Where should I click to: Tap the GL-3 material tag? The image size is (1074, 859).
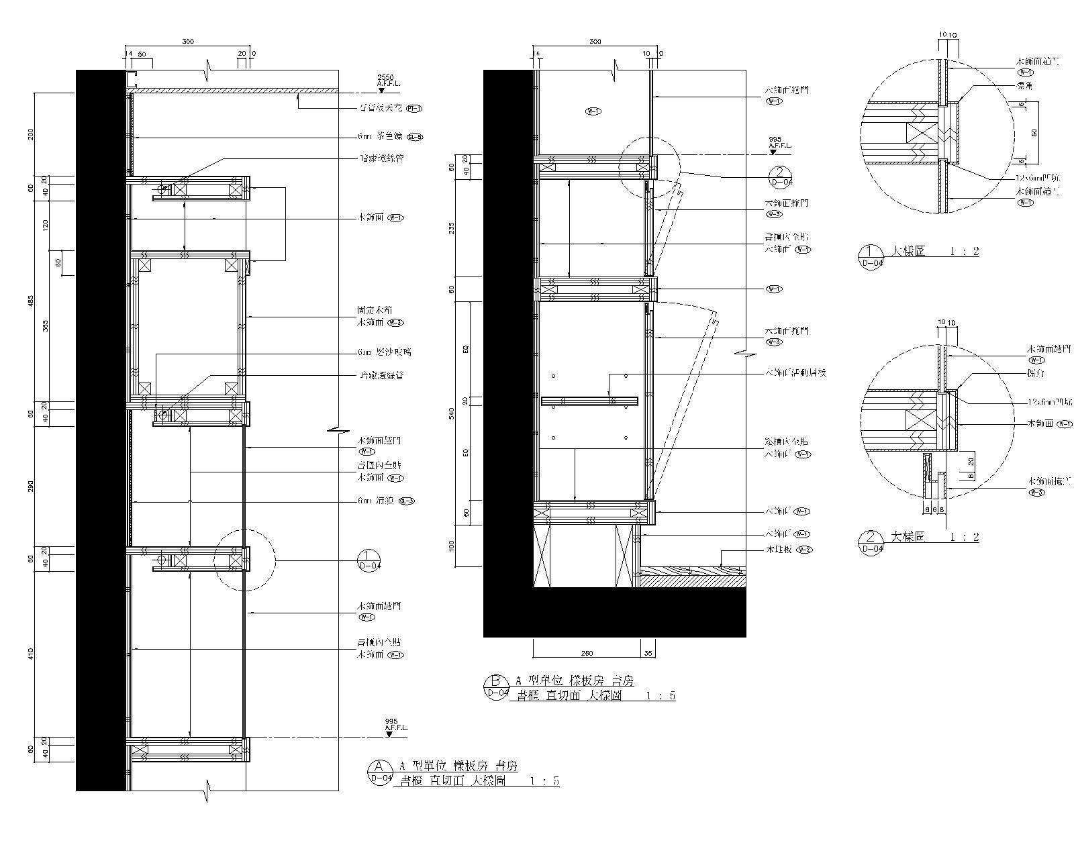pos(407,501)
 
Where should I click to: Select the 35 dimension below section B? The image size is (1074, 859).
pos(648,652)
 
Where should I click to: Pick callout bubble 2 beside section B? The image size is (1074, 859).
pos(780,177)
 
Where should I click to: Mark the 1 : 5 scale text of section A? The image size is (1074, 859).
pos(544,781)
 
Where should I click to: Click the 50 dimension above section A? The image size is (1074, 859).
pos(142,53)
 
